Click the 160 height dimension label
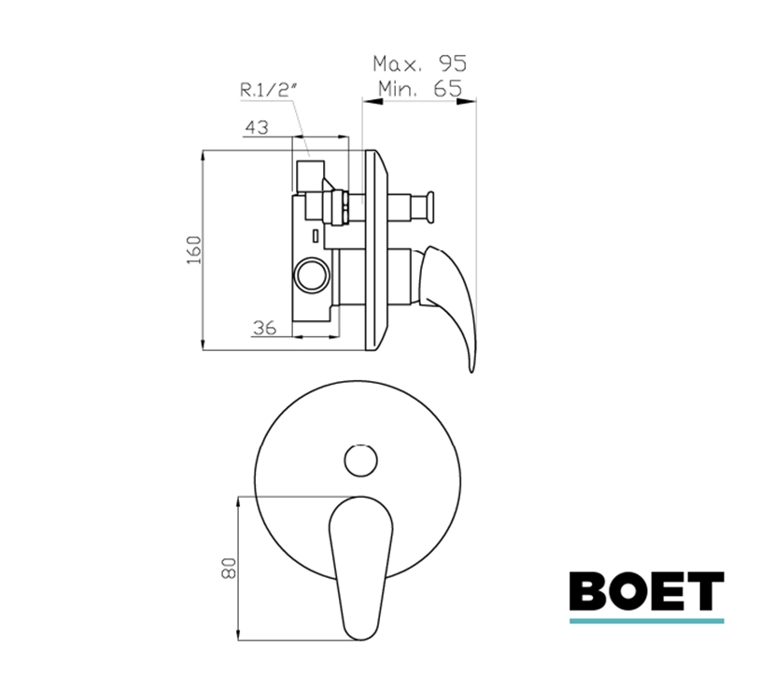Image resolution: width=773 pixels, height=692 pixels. click(194, 249)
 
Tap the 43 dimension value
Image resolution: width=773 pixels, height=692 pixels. click(257, 127)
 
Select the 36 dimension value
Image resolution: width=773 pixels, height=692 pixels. click(265, 328)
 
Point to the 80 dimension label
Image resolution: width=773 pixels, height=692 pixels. click(230, 568)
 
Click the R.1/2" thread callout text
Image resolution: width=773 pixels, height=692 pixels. click(269, 90)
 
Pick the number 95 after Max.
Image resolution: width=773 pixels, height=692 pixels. click(453, 64)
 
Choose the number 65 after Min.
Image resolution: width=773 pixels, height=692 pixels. click(447, 89)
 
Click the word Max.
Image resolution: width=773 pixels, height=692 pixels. click(398, 64)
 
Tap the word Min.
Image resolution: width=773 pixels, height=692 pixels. click(399, 89)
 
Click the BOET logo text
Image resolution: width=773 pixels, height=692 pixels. click(647, 591)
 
